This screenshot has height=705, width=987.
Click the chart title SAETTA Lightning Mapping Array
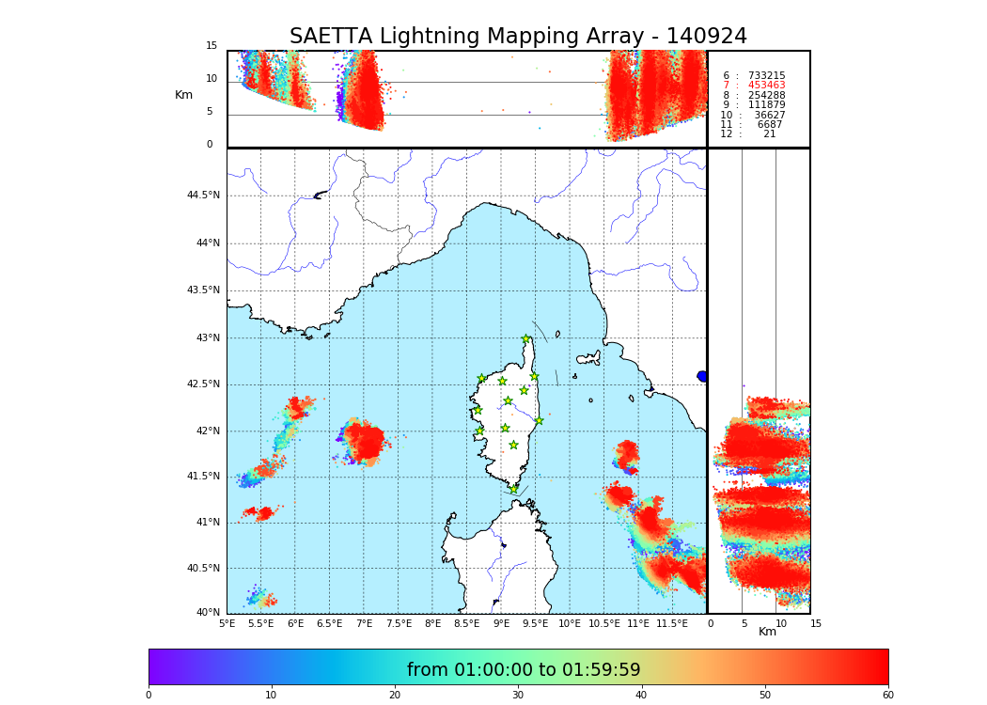pyautogui.click(x=518, y=37)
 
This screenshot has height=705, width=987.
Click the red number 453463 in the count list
pyautogui.click(x=766, y=86)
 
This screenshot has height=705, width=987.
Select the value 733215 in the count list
pyautogui.click(x=766, y=75)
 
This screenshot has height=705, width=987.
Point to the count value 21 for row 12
pyautogui.click(x=769, y=134)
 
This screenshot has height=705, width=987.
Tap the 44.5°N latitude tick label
pyautogui.click(x=203, y=196)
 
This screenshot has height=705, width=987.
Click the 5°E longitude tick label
pyautogui.click(x=227, y=623)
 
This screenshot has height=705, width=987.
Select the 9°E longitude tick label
pyautogui.click(x=502, y=623)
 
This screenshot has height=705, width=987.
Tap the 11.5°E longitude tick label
pyautogui.click(x=672, y=623)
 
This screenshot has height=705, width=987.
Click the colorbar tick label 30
pyautogui.click(x=518, y=696)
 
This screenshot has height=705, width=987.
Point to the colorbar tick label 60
pyautogui.click(x=887, y=696)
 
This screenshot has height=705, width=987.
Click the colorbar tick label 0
pyautogui.click(x=149, y=696)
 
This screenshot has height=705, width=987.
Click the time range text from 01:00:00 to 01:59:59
pyautogui.click(x=523, y=670)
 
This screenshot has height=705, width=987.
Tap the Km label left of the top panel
pyautogui.click(x=183, y=95)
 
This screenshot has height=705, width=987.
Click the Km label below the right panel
pyautogui.click(x=767, y=632)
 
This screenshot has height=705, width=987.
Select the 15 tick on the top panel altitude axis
pyautogui.click(x=211, y=46)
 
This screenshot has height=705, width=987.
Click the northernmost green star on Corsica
pyautogui.click(x=526, y=339)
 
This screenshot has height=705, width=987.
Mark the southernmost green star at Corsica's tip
pyautogui.click(x=513, y=489)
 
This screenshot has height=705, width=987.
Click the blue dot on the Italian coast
pyautogui.click(x=702, y=376)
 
